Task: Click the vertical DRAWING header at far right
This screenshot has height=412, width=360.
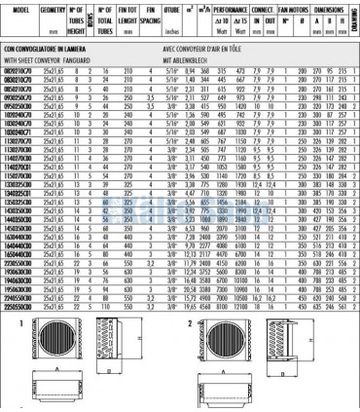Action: coord(355,12)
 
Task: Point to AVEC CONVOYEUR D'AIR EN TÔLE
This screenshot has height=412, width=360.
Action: coord(194,44)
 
